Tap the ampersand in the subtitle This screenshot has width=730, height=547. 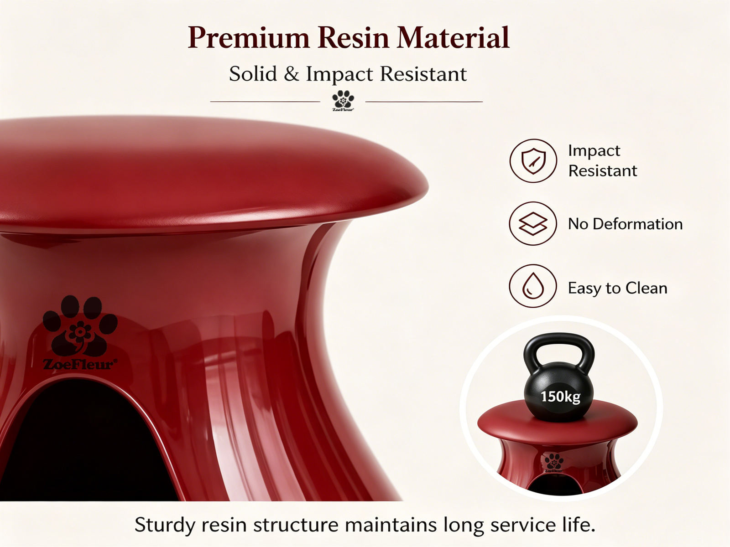pyautogui.click(x=292, y=74)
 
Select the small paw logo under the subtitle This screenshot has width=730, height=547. pyautogui.click(x=343, y=100)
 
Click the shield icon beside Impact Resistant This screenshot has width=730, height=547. pyautogui.click(x=533, y=161)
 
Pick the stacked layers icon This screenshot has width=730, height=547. pyautogui.click(x=533, y=223)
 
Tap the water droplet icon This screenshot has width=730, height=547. pyautogui.click(x=533, y=286)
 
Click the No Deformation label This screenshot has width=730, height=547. pyautogui.click(x=625, y=224)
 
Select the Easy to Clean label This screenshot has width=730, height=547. pyautogui.click(x=618, y=288)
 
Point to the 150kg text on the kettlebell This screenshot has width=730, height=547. pyautogui.click(x=560, y=397)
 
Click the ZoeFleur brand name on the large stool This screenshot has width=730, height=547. pyautogui.click(x=80, y=364)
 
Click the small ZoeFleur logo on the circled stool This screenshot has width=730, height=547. pyautogui.click(x=554, y=463)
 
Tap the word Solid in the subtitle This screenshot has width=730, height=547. pyautogui.click(x=253, y=74)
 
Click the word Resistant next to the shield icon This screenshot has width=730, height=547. pyautogui.click(x=603, y=170)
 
